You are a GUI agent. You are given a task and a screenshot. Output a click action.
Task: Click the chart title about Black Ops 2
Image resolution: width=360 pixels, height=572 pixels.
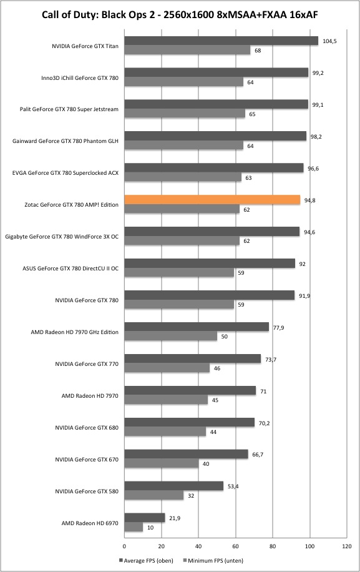tap(180, 14)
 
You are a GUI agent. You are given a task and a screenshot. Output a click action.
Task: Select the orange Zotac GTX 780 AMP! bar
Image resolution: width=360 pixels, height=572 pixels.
tap(212, 200)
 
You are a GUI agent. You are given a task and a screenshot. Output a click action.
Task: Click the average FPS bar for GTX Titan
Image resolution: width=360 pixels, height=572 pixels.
tap(221, 41)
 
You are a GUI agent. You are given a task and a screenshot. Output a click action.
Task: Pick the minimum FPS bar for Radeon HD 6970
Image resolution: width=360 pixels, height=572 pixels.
tap(134, 527)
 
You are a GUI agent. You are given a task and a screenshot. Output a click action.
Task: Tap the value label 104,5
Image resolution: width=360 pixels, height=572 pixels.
tap(329, 41)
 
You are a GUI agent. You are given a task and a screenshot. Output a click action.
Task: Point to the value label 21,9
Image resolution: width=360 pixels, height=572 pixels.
tap(175, 518)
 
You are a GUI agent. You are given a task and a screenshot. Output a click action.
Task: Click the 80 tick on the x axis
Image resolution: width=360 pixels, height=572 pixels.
tap(273, 546)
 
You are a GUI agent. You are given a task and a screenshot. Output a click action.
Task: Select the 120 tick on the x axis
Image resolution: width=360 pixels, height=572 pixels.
tap(347, 546)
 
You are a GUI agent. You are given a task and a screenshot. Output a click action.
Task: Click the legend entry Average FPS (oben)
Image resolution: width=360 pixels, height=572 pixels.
tap(146, 560)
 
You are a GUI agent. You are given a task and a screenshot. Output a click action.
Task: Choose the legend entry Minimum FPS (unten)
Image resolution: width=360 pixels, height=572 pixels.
tap(213, 560)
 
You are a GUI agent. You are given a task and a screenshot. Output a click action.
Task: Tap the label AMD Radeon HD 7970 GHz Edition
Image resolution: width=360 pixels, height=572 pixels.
tap(74, 332)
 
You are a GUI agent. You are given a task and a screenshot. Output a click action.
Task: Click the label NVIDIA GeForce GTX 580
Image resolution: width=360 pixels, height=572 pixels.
tap(87, 491)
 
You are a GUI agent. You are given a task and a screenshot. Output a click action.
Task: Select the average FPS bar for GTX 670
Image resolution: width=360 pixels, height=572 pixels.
tap(186, 454)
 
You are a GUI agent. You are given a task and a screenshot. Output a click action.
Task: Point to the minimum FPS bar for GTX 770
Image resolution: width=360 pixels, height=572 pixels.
tap(167, 368)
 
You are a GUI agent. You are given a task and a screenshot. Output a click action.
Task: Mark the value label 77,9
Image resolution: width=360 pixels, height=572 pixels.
tap(278, 328)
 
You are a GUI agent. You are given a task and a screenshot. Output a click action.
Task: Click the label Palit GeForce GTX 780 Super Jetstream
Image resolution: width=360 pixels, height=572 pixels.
tap(69, 109)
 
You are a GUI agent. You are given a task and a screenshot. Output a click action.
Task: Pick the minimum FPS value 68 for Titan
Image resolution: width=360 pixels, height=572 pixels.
tap(258, 51)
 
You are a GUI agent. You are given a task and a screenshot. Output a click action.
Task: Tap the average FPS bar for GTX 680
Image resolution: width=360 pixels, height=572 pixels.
tap(190, 422)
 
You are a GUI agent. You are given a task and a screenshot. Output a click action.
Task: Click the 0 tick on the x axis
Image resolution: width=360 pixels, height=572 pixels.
tap(124, 546)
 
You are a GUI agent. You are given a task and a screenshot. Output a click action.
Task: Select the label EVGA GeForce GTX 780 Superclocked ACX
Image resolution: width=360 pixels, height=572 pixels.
tap(66, 173)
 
